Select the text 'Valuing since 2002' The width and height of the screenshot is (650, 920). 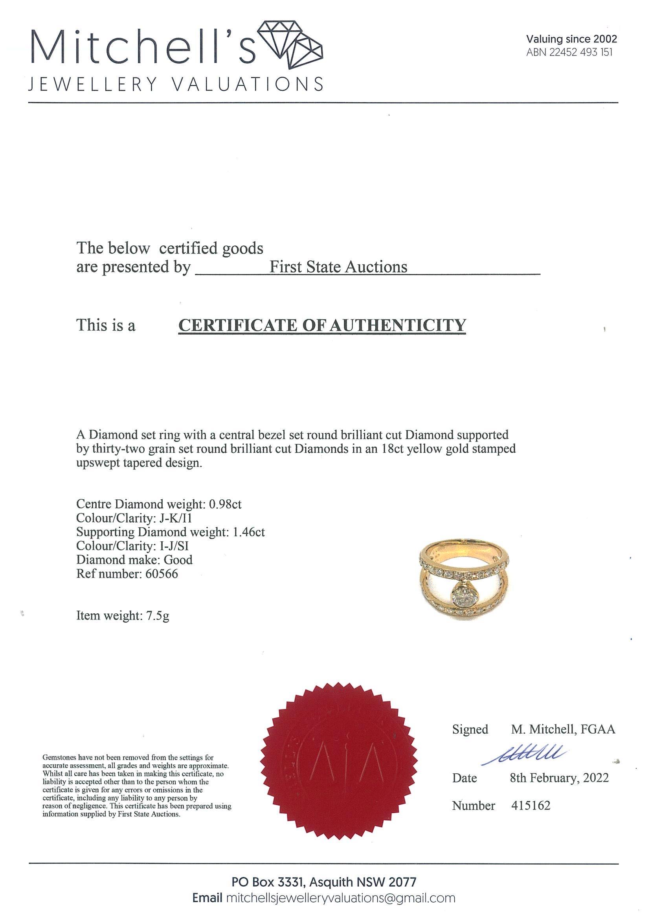571,39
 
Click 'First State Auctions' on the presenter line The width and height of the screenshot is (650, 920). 338,267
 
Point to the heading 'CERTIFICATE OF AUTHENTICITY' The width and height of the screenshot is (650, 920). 322,325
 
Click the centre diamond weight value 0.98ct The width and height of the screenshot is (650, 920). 225,504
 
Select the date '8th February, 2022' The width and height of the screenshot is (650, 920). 559,778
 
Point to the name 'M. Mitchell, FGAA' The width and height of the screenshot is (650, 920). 563,729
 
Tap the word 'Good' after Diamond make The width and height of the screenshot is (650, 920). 178,559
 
